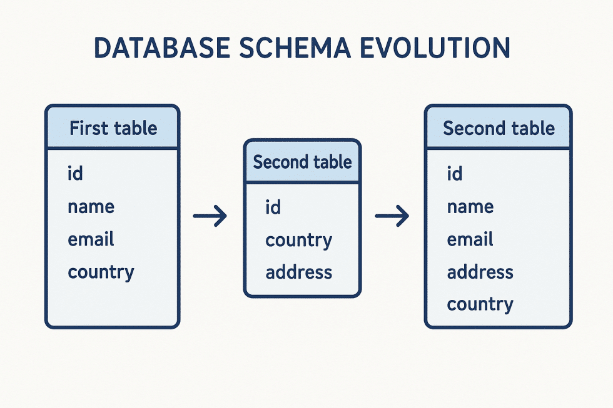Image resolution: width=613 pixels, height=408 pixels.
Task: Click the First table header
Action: coord(113,129)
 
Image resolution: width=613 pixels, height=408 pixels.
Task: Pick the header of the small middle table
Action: coord(302,162)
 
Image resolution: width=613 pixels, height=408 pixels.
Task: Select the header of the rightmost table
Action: coord(499,129)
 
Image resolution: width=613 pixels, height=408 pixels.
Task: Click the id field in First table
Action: coord(75,174)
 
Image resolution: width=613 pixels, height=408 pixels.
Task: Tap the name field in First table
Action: coord(91,207)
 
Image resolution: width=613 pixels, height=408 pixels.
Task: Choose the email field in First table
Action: coord(91,239)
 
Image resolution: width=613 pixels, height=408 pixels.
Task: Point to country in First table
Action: coord(101,272)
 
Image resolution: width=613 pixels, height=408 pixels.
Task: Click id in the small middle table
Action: coord(273,207)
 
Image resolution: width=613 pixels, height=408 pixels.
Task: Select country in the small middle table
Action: coord(298,240)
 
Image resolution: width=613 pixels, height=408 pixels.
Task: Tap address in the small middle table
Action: coord(298,272)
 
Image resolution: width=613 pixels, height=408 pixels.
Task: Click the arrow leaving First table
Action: coord(210,217)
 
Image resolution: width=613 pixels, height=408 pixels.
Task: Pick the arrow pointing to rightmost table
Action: coord(392,217)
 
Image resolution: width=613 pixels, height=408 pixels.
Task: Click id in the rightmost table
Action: coord(454,174)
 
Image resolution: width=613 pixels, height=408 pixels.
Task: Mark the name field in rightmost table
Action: coord(470,207)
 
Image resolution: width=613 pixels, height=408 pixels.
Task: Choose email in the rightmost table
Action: coord(470,239)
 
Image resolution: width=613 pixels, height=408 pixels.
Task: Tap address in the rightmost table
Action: coord(480,272)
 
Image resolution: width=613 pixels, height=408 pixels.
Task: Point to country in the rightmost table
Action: coord(480,304)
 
